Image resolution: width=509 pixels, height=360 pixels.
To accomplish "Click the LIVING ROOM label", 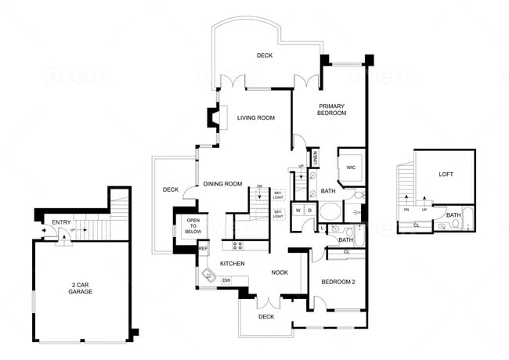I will point(256,118).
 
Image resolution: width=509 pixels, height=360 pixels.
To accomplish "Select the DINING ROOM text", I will point(222,184).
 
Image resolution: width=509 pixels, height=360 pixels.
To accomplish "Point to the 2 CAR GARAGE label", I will point(80,287).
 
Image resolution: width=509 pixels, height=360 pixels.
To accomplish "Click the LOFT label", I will point(446,175).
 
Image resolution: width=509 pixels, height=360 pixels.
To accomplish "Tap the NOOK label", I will point(280,272).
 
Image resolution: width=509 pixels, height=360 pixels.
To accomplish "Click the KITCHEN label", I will point(233,263).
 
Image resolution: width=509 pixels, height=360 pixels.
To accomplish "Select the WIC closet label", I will point(352,167).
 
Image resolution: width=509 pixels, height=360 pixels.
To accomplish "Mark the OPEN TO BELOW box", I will point(192,227).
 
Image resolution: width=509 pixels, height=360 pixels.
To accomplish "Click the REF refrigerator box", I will point(203,249).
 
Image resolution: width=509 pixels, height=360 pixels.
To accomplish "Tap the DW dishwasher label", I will point(226,280).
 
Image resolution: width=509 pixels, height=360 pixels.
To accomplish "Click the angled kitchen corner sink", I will point(209,275).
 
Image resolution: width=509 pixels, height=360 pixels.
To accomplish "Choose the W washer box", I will point(298,211).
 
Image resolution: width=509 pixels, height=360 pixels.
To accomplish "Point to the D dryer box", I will point(309,211).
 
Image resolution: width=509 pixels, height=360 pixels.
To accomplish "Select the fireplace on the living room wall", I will point(214,118).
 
